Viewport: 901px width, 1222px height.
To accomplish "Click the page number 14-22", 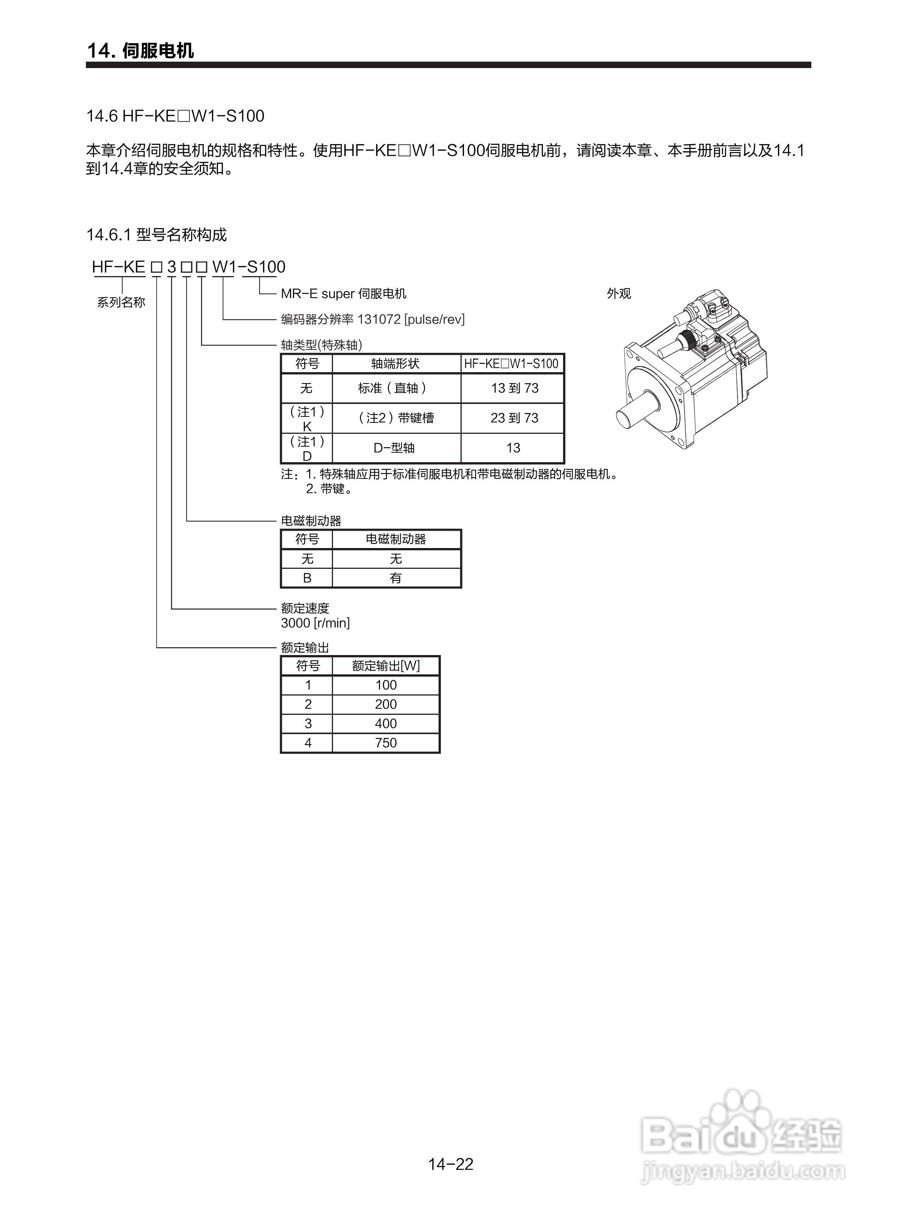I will tap(450, 1164).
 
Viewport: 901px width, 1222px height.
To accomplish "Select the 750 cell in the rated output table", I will tap(386, 743).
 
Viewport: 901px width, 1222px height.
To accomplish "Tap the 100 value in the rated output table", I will tap(386, 685).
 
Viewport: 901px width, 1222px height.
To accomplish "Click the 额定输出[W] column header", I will tap(386, 666).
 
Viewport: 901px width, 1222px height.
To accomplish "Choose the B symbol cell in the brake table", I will tap(307, 578).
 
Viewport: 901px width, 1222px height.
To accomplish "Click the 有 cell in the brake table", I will tap(396, 578).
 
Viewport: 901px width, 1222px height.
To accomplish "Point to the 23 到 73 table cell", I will tap(514, 418).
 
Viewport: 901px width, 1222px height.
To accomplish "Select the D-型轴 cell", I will tap(394, 448).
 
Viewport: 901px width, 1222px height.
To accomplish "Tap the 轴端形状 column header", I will tap(395, 363).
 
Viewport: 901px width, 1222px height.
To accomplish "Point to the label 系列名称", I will tap(121, 303).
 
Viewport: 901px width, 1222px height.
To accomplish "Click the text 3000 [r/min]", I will tap(315, 623).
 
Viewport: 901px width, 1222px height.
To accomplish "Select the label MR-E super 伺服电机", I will tap(344, 294).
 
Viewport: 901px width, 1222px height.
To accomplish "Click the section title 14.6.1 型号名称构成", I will tap(157, 235).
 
